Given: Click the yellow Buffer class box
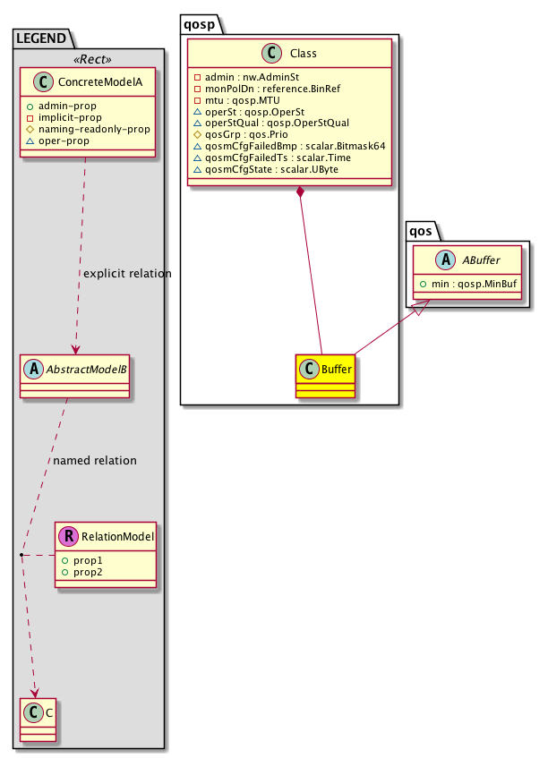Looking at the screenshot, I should pyautogui.click(x=324, y=376).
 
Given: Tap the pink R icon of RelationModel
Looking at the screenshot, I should pyautogui.click(x=69, y=537).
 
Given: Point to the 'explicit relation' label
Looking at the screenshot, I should pyautogui.click(x=125, y=273).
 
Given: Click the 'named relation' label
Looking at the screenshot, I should pyautogui.click(x=95, y=461).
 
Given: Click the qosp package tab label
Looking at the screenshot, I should pyautogui.click(x=199, y=22).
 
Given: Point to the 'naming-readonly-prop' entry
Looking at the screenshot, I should pyautogui.click(x=94, y=129).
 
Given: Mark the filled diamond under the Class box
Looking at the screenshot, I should pyautogui.click(x=301, y=192).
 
